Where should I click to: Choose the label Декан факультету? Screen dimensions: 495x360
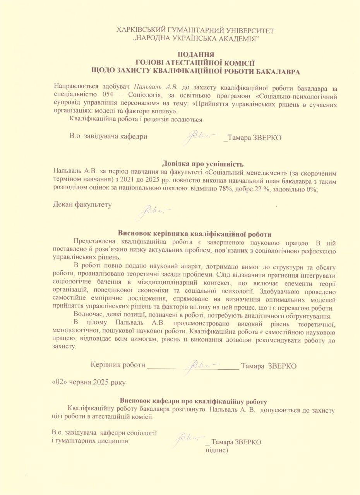(x=82, y=205)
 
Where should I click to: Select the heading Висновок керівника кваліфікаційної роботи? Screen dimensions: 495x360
(x=194, y=234)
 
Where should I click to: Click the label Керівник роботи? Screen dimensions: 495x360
(x=118, y=365)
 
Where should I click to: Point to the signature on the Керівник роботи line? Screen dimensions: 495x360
(x=202, y=364)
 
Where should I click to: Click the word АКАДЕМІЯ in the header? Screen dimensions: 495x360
(x=238, y=39)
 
